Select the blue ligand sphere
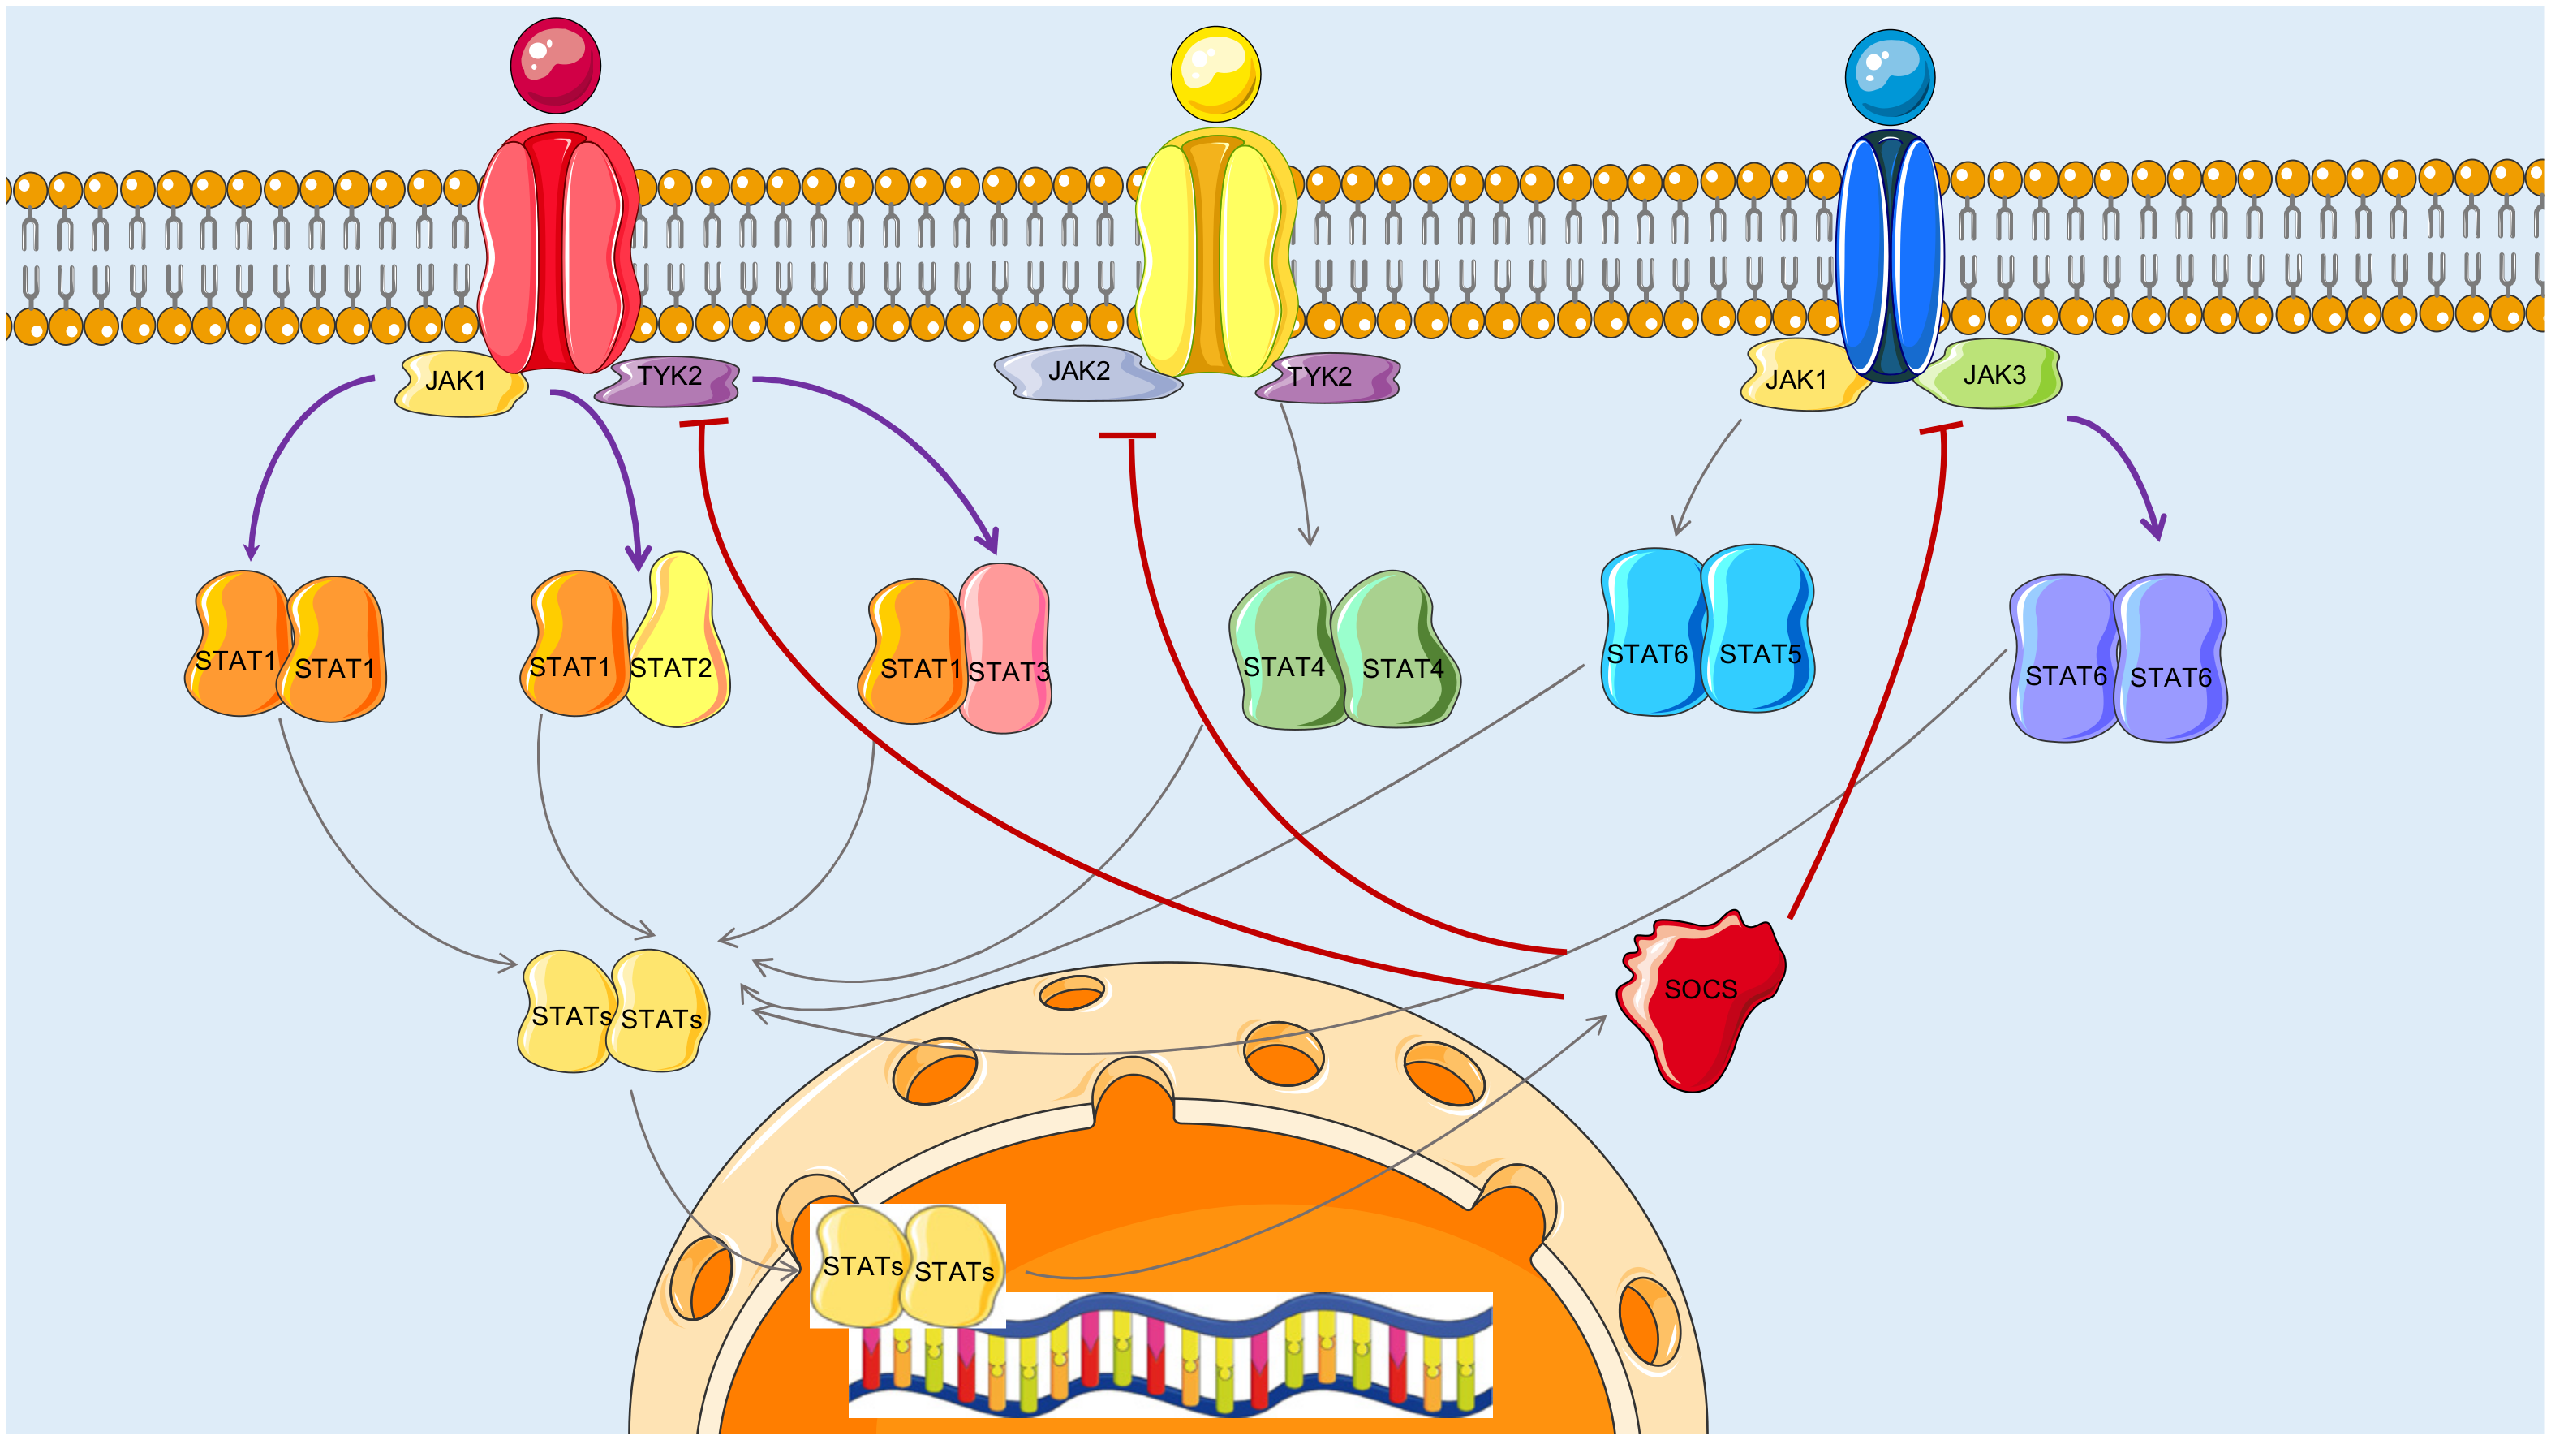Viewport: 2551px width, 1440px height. click(x=1890, y=77)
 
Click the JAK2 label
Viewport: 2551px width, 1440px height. click(x=1079, y=373)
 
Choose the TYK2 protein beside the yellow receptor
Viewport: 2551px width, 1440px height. click(x=1326, y=377)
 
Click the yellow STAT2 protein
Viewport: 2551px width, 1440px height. click(x=678, y=644)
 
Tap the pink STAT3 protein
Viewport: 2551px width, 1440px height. click(x=1006, y=649)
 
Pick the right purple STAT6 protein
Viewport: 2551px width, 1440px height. click(x=2170, y=658)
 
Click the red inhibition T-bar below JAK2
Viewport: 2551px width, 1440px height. click(x=1127, y=435)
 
